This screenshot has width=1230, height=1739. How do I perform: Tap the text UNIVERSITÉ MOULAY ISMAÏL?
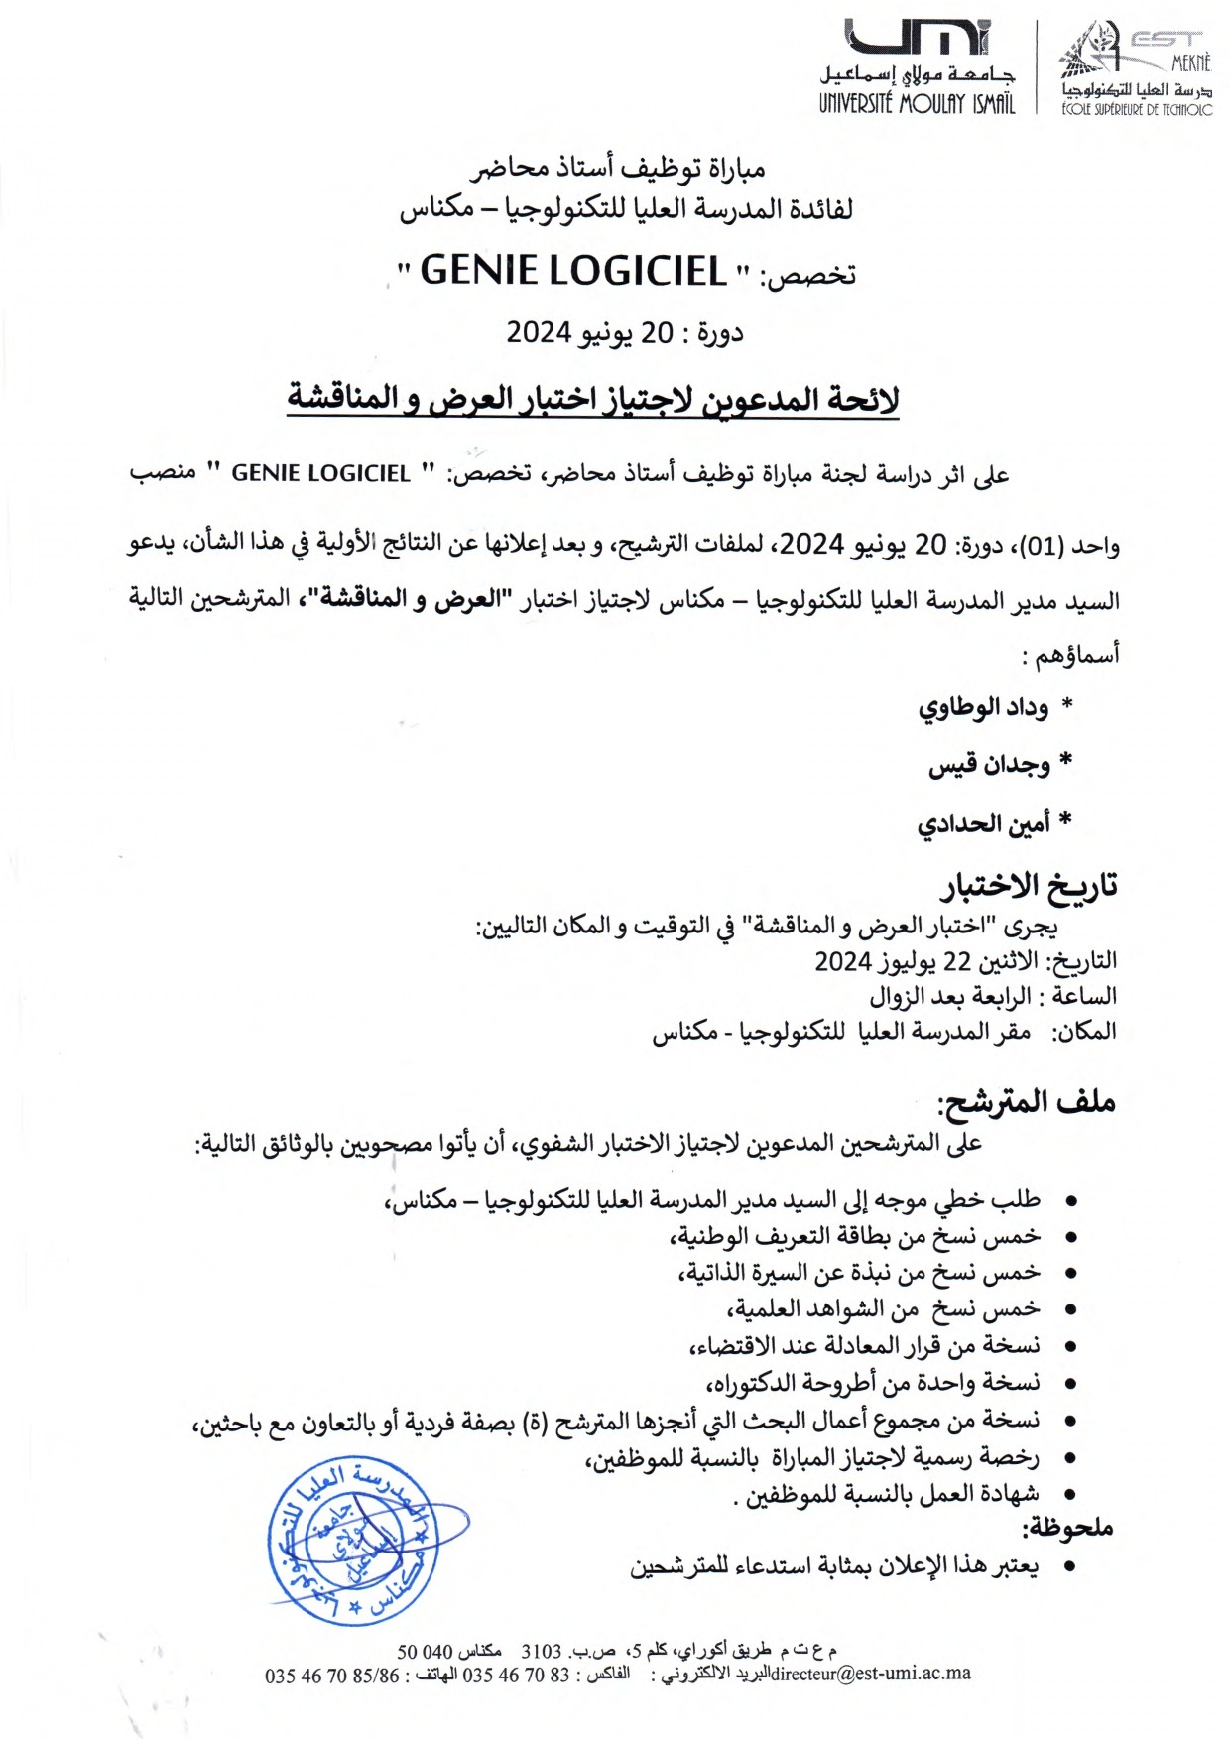[x=917, y=103]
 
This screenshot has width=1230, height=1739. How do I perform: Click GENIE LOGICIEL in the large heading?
[x=572, y=271]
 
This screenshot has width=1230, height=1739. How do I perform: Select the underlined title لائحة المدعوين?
[x=592, y=399]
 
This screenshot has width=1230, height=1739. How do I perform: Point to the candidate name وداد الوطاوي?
[x=982, y=708]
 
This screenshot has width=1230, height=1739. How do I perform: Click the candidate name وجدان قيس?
[x=988, y=766]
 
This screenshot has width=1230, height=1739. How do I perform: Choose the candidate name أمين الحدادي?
[x=982, y=824]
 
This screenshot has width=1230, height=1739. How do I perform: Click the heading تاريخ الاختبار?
[x=1030, y=885]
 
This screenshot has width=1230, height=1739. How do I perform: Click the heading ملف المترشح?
[x=1028, y=1102]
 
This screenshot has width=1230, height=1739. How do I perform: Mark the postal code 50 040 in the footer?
[x=425, y=1652]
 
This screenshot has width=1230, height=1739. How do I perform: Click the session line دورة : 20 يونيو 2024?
[x=624, y=333]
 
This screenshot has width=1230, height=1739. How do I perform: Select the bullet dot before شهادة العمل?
[x=1070, y=1494]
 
